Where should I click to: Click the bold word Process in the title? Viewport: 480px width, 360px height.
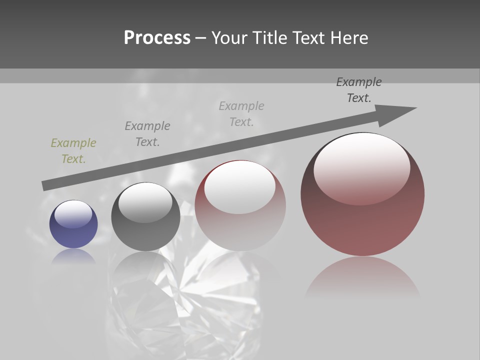(157, 38)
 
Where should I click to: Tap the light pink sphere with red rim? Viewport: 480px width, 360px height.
(240, 225)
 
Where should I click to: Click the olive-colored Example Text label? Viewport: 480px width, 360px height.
(73, 151)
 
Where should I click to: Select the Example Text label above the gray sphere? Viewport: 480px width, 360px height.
(147, 134)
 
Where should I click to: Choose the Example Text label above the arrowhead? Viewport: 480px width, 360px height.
(359, 90)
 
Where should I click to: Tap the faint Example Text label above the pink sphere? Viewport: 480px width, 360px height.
(241, 114)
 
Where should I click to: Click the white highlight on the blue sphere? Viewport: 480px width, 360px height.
(73, 214)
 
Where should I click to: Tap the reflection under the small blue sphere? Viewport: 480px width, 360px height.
(73, 256)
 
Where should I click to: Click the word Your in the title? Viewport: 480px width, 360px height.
(228, 38)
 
